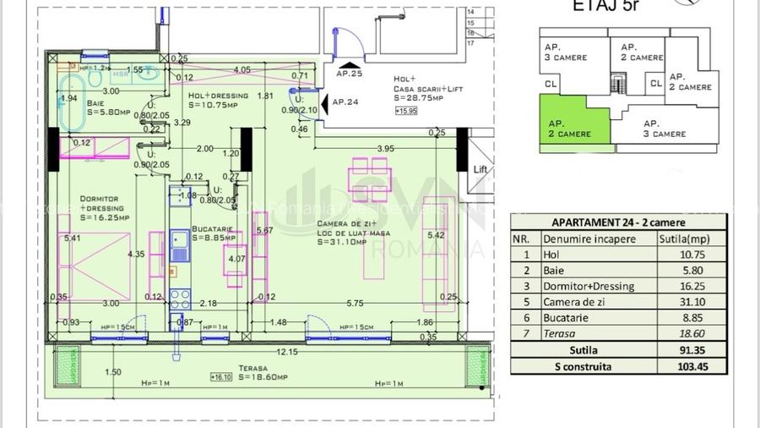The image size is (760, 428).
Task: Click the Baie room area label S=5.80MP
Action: click(107, 110)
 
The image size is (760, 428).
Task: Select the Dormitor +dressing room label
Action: click(101, 207)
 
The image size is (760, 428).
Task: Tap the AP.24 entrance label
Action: click(345, 102)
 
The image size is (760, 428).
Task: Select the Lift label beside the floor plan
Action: click(480, 169)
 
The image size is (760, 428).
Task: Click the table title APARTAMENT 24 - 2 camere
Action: click(619, 222)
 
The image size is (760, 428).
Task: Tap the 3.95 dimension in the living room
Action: click(384, 149)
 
